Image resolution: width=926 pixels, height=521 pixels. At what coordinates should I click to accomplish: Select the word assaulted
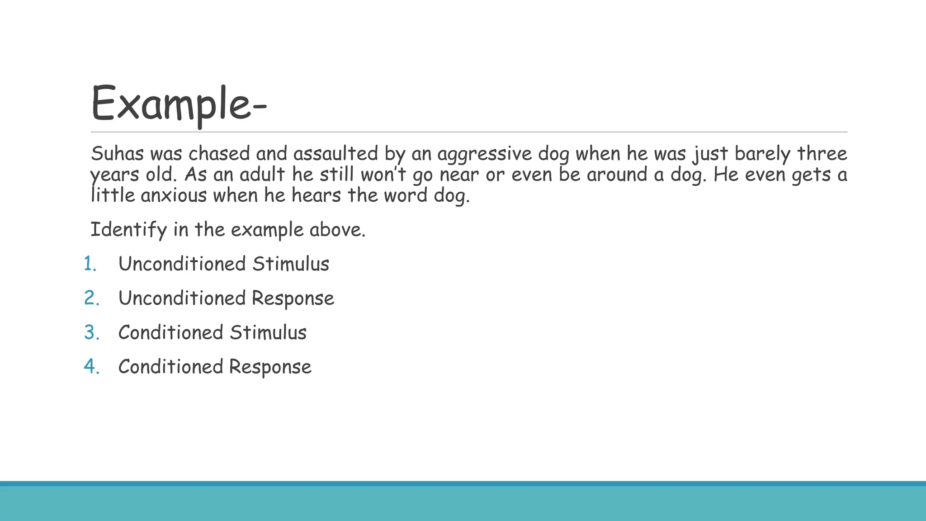coord(335,154)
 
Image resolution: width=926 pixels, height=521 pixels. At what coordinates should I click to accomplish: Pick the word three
coord(822,154)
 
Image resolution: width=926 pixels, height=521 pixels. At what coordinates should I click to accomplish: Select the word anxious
coord(174,195)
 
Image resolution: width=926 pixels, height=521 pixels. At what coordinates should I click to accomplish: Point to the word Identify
coord(129,230)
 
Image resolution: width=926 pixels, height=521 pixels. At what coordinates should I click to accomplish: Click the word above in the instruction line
coord(337,230)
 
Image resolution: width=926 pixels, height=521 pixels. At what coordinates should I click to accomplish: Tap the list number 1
coord(90,264)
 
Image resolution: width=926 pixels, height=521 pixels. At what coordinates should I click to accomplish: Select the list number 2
coord(91,298)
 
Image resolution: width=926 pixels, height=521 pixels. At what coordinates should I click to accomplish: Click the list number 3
coord(91,332)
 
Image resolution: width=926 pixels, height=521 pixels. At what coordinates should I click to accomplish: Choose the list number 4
coord(91,367)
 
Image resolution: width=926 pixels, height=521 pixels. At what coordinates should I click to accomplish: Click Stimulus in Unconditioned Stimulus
coord(291,264)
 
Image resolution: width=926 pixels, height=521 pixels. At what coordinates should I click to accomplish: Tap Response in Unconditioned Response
coord(293,298)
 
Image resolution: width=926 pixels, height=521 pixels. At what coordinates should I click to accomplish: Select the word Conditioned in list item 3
coord(171,332)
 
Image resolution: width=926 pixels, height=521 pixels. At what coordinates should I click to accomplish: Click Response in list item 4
coord(270,367)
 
